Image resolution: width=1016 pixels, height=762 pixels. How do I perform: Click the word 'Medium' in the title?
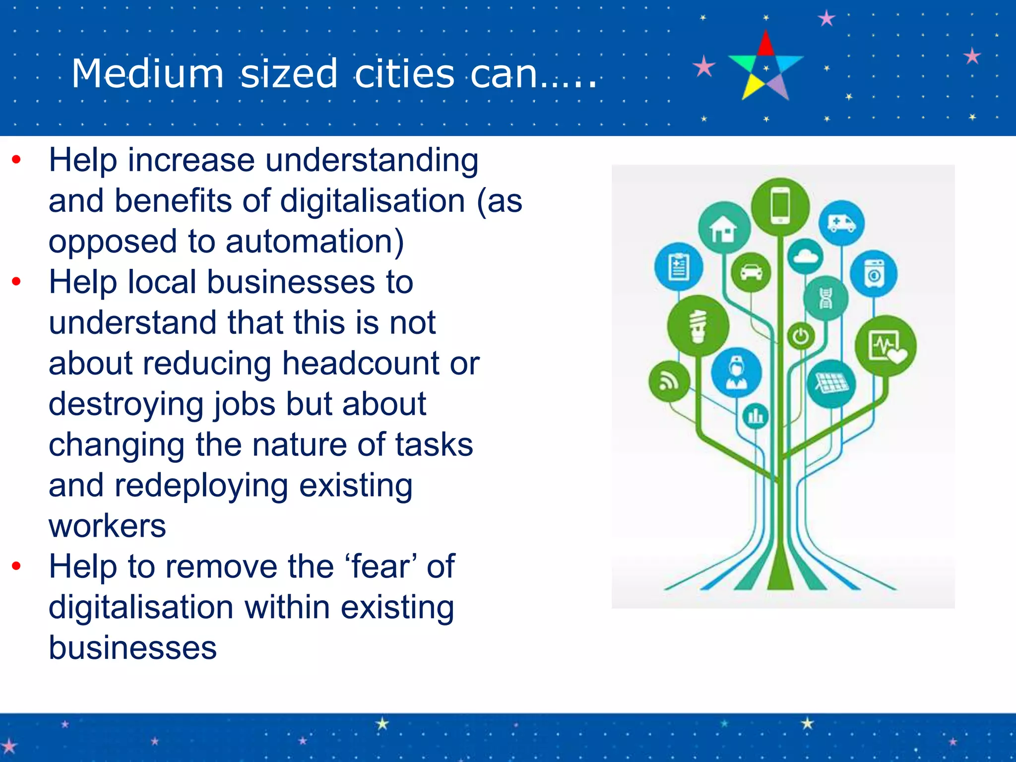(x=147, y=73)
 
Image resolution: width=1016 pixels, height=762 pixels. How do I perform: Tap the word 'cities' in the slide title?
(x=404, y=73)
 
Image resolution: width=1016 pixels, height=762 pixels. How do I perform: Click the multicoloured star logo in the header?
(x=765, y=65)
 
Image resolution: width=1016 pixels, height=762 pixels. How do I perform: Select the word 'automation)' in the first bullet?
(x=315, y=242)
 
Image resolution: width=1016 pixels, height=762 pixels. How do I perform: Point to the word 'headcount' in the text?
(x=361, y=363)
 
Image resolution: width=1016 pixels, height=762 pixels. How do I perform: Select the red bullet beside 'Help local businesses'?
(x=16, y=282)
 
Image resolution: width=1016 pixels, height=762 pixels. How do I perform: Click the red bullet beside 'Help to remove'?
(x=16, y=566)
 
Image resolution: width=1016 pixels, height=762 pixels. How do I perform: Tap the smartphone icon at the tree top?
(x=780, y=206)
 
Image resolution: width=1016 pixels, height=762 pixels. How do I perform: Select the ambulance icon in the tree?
(x=841, y=223)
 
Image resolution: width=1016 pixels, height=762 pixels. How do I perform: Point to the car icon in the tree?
(x=751, y=272)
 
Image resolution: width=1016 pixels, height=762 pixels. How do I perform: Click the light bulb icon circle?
(x=698, y=326)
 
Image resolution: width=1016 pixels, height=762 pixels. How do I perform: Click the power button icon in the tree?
(x=801, y=337)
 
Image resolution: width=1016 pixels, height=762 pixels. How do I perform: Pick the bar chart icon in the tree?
(x=756, y=416)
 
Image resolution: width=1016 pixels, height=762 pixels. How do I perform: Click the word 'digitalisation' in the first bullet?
(x=373, y=201)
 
